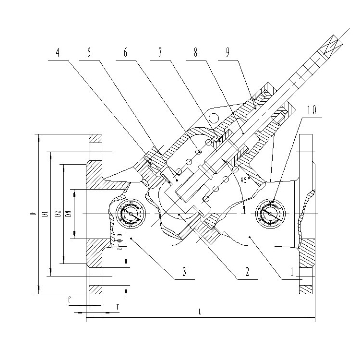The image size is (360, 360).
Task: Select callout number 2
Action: (247, 272)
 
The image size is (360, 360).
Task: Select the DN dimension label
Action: (69, 213)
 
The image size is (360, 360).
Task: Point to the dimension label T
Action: (118, 306)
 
